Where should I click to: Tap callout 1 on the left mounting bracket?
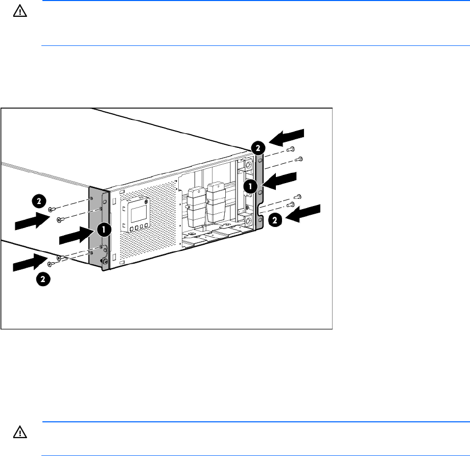click(103, 230)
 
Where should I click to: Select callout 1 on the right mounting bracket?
click(250, 186)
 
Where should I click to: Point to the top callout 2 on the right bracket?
click(258, 148)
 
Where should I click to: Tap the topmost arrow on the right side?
click(287, 137)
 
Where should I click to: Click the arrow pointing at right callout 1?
click(280, 180)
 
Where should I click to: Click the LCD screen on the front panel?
click(136, 210)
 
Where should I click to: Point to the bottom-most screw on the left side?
click(52, 264)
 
